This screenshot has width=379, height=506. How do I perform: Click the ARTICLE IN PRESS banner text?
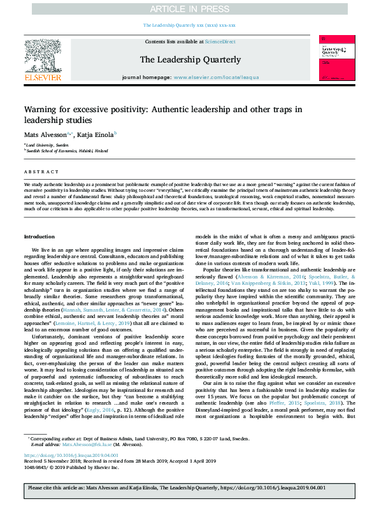[189, 8]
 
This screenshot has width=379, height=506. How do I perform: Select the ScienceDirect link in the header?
[220, 41]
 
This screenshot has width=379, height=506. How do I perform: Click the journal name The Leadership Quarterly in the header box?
[190, 60]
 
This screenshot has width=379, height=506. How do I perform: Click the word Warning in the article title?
[44, 110]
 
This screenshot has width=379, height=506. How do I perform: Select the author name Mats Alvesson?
[48, 135]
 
